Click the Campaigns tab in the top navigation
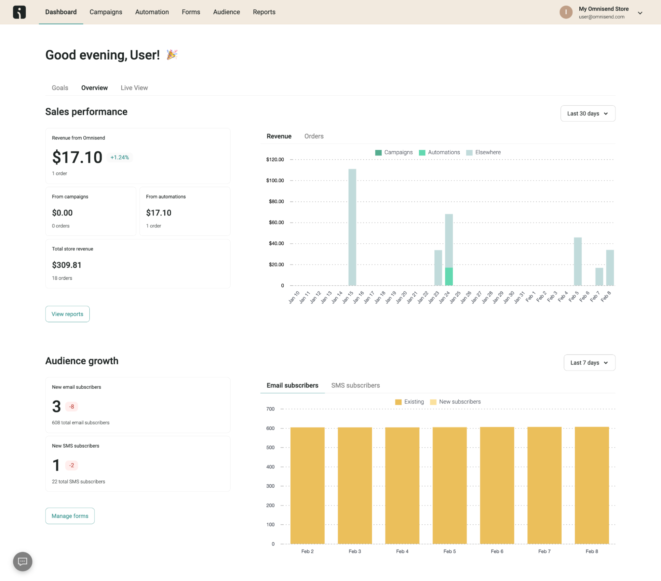point(106,12)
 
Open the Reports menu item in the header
point(264,12)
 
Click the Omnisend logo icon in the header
point(19,12)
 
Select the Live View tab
point(134,88)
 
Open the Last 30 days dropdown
point(588,114)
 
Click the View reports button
point(67,314)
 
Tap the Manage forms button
point(70,516)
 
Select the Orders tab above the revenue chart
point(314,136)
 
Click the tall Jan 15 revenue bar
point(352,228)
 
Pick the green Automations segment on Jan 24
point(449,276)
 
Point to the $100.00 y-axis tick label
point(275,180)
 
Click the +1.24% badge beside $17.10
point(119,158)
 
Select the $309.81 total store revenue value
point(66,265)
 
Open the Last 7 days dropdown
point(589,363)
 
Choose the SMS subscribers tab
point(355,385)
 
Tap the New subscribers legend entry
point(455,402)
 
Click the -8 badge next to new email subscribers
point(71,407)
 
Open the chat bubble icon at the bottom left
point(22,561)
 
